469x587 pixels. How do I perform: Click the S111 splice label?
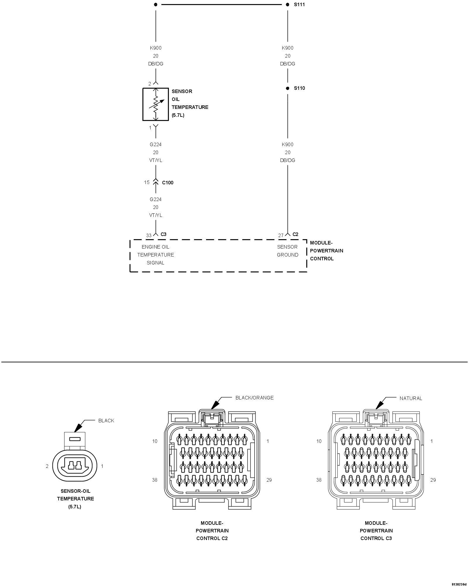[299, 5]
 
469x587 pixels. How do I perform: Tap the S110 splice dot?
[288, 88]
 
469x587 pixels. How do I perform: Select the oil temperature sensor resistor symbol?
[156, 104]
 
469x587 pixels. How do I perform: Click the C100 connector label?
[168, 183]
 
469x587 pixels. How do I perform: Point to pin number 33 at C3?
[149, 235]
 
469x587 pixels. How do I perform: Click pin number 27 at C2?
[281, 235]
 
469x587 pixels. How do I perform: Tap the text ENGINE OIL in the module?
[155, 247]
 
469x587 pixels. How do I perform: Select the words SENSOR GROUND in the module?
[287, 251]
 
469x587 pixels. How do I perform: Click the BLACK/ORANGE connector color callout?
[254, 398]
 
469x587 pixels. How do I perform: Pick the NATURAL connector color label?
[411, 398]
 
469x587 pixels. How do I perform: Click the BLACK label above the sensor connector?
[106, 421]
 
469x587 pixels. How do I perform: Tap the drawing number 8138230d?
[459, 584]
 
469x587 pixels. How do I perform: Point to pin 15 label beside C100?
[147, 182]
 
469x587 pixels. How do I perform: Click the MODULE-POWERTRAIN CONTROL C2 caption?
[212, 531]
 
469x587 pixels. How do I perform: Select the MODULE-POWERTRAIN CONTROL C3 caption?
[376, 531]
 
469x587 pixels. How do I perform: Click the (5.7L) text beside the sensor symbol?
[178, 115]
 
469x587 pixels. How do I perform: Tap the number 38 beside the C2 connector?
[154, 480]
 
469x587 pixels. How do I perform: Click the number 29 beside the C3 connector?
[433, 480]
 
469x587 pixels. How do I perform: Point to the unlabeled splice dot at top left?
[156, 4]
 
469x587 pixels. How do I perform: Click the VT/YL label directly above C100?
[155, 160]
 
